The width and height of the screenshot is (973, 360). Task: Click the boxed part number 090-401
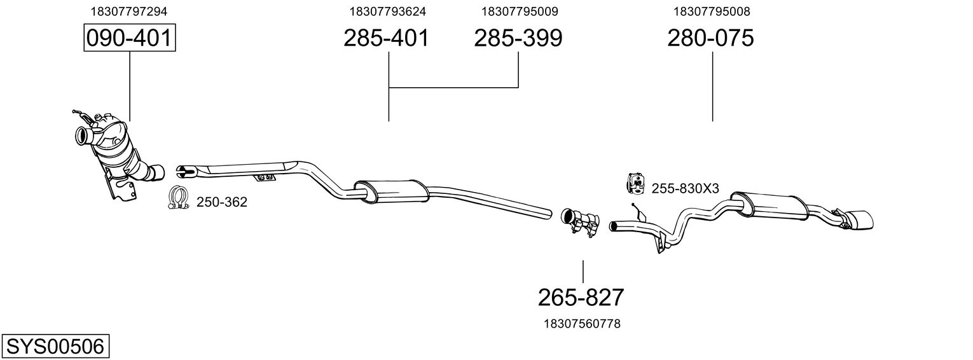coord(130,38)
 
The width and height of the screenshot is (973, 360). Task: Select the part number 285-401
coord(386,38)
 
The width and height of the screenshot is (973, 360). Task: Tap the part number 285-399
coord(518,38)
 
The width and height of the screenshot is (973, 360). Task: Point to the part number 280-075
coord(710,38)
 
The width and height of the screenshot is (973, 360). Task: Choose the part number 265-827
coord(581,296)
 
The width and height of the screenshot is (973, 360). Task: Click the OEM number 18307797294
coord(130,11)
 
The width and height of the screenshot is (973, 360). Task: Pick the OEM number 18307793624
coord(387,11)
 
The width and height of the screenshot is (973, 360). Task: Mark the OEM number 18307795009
coord(520,11)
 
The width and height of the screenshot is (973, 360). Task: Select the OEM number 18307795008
coord(712,11)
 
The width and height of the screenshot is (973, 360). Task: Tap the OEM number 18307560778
coord(582,324)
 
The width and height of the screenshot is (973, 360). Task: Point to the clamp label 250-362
coord(221,202)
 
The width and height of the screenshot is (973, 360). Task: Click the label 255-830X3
coord(685,188)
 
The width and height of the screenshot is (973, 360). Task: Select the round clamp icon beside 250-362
coord(179,198)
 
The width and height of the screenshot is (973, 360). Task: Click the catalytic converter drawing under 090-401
coord(118,153)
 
